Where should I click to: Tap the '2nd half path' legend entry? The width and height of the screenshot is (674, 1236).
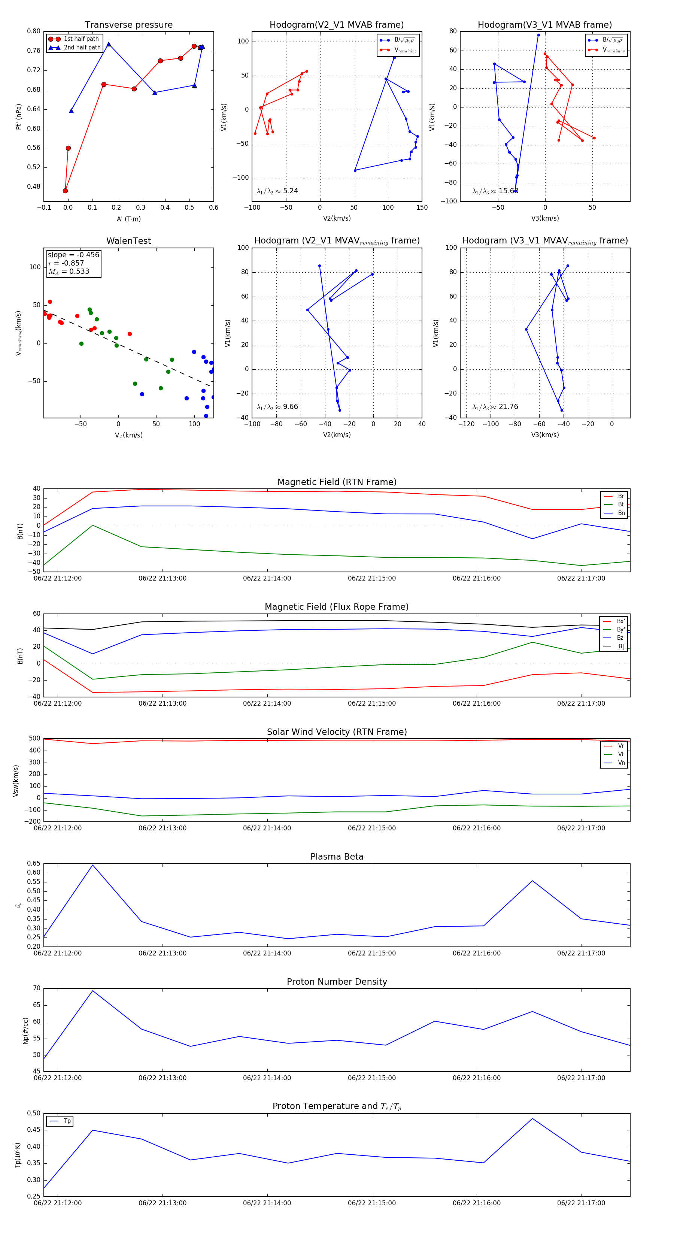tap(82, 48)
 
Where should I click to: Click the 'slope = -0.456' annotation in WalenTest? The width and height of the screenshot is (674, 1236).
tap(73, 255)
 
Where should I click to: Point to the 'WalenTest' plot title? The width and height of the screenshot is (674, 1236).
tap(128, 241)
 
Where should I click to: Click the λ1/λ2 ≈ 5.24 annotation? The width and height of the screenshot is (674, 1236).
tap(277, 191)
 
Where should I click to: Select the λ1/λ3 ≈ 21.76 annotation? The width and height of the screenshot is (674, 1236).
tap(495, 407)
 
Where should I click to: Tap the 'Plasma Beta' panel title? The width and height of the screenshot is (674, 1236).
tap(337, 857)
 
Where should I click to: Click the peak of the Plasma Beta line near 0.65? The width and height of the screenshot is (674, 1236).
tap(92, 865)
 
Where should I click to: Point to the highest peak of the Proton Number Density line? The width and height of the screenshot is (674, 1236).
tap(92, 991)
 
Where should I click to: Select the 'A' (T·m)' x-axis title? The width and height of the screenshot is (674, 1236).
tap(128, 219)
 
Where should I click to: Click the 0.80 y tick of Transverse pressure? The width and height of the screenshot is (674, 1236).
tap(34, 31)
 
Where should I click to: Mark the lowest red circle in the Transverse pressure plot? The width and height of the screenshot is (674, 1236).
tap(65, 191)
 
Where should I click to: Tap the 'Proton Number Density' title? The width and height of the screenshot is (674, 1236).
tap(337, 982)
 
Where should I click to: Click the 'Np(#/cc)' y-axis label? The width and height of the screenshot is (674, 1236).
tap(25, 1031)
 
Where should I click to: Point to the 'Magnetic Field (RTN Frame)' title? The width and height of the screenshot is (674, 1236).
tap(337, 482)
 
